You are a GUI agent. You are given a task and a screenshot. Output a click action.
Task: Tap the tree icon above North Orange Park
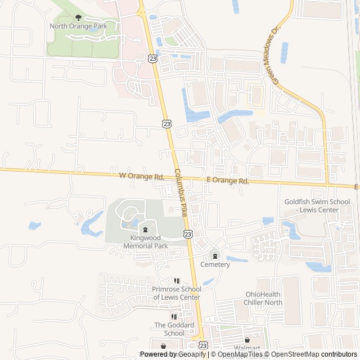(x=78, y=18)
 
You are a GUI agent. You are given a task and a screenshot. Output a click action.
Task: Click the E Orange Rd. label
(x=227, y=181)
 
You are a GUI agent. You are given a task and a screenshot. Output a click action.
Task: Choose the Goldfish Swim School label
(x=317, y=205)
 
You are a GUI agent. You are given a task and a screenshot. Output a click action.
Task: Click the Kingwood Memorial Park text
(x=145, y=242)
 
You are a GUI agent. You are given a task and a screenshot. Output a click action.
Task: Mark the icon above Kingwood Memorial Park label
(x=145, y=229)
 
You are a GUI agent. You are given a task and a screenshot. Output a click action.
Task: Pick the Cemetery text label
(x=215, y=264)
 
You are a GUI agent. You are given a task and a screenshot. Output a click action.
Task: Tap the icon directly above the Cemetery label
(x=215, y=256)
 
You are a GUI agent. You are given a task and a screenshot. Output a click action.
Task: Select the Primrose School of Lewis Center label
(x=176, y=293)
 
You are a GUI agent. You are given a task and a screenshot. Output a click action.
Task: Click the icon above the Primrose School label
(x=176, y=281)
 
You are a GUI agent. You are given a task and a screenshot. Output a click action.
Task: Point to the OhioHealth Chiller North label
(x=263, y=298)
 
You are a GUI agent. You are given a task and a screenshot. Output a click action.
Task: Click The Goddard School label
(x=174, y=329)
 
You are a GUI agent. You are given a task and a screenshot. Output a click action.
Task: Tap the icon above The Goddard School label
(x=174, y=317)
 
